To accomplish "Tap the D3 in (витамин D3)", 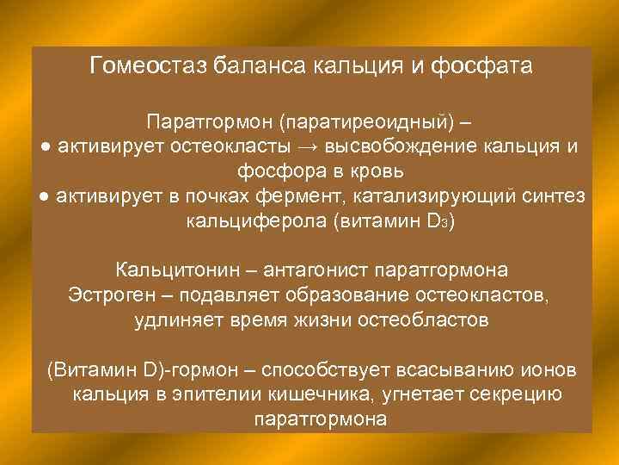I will point(438,222).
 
